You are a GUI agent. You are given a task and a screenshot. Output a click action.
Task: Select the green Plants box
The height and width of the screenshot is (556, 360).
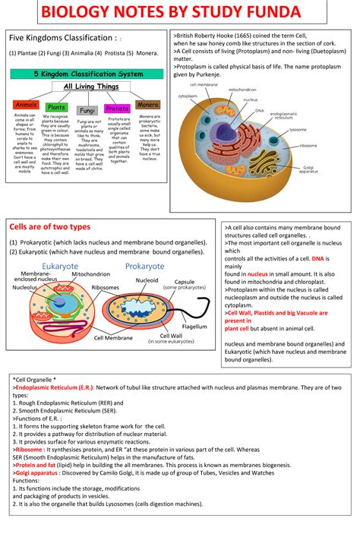point(57,107)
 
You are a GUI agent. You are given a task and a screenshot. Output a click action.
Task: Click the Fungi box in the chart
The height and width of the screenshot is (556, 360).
point(87,111)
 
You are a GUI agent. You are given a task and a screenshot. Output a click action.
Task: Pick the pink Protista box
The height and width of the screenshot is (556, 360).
point(118,109)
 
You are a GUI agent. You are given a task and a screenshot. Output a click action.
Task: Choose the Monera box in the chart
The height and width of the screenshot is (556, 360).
point(147,104)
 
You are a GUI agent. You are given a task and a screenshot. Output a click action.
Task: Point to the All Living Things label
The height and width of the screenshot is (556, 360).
point(88,87)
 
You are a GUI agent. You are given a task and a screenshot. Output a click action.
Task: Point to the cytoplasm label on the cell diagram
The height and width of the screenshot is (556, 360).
point(188,96)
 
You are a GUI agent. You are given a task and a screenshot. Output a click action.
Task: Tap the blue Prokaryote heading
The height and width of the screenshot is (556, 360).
point(144,267)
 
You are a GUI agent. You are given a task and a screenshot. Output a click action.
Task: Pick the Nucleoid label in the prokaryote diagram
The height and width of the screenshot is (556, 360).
point(147,280)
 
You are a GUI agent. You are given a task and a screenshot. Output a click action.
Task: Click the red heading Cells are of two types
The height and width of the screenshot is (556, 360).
point(49,227)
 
